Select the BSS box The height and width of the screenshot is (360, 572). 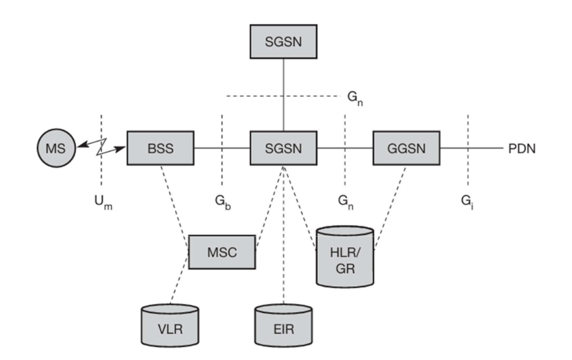(x=160, y=148)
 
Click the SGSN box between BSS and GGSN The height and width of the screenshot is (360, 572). (x=283, y=148)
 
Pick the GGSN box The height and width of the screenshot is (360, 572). (x=407, y=148)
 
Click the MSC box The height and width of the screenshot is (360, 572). (x=222, y=252)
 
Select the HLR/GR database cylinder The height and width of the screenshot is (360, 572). (x=344, y=256)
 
